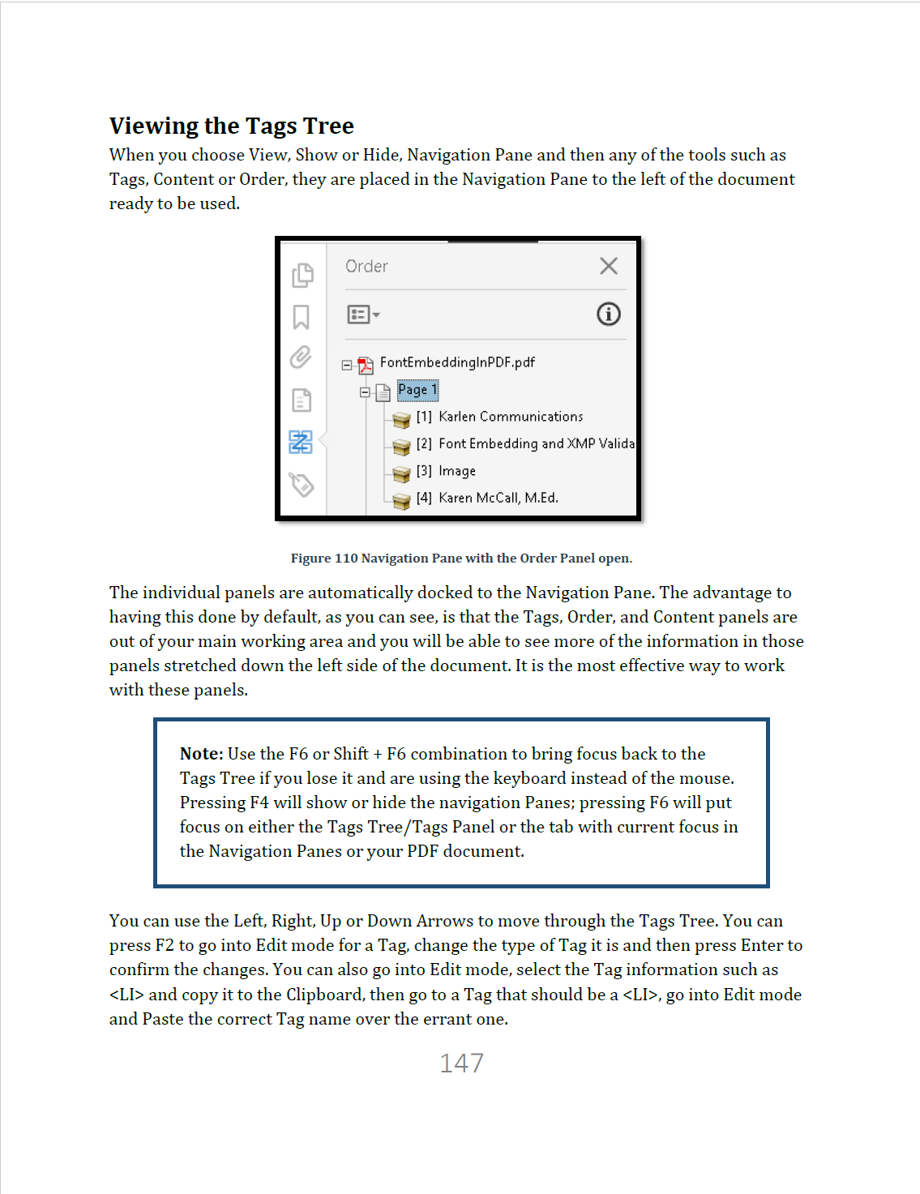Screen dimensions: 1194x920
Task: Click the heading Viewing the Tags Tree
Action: tap(232, 126)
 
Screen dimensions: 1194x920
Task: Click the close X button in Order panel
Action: tap(609, 266)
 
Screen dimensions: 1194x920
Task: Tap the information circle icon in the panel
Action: tap(609, 314)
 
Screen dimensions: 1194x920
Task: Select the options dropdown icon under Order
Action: tap(363, 315)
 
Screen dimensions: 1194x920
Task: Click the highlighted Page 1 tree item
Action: tap(417, 390)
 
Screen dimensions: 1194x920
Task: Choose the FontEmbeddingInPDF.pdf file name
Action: tap(457, 362)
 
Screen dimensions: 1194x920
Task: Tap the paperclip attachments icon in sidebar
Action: tap(301, 357)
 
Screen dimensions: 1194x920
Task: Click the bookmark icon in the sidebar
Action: tap(301, 317)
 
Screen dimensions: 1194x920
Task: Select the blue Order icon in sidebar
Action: tap(301, 442)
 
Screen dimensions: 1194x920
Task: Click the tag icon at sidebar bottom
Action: tap(302, 485)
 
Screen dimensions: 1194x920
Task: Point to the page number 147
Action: tap(461, 1063)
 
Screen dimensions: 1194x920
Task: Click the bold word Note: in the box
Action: tap(201, 754)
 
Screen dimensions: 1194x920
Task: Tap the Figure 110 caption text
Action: tap(461, 558)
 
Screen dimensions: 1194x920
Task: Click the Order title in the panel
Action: tap(366, 267)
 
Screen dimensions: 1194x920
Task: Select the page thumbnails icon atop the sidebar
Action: tap(302, 276)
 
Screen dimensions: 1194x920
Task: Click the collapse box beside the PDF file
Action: tap(347, 366)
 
